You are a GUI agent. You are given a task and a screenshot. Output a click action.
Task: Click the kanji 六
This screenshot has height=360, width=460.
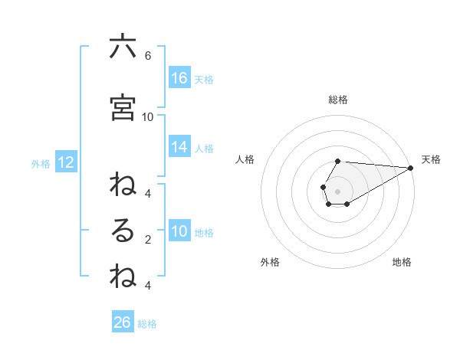pyautogui.click(x=123, y=47)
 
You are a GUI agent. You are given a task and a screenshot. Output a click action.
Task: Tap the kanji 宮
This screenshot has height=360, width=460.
pyautogui.click(x=123, y=108)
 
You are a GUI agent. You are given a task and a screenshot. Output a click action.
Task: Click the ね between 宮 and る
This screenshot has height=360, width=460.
pyautogui.click(x=123, y=185)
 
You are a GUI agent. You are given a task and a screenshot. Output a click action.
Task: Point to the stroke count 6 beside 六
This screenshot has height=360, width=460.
pyautogui.click(x=147, y=56)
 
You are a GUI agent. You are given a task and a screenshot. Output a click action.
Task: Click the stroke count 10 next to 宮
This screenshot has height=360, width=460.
pyautogui.click(x=148, y=117)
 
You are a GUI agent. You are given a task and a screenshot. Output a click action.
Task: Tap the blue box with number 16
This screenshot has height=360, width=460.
pyautogui.click(x=179, y=78)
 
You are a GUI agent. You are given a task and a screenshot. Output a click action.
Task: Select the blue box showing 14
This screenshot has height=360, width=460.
pyautogui.click(x=179, y=147)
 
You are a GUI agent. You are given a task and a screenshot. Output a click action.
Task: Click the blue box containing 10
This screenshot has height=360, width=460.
pyautogui.click(x=179, y=231)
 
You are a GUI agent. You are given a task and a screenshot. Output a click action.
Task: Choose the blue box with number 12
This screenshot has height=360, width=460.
pyautogui.click(x=65, y=162)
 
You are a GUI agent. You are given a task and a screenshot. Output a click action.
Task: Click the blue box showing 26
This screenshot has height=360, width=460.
pyautogui.click(x=122, y=322)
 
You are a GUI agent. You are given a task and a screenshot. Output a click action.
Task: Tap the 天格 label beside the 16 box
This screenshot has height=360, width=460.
pyautogui.click(x=203, y=79)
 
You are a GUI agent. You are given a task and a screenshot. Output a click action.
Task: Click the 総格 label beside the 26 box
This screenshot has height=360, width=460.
pyautogui.click(x=147, y=324)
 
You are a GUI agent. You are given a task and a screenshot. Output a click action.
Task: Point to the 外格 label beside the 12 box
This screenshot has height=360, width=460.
pyautogui.click(x=40, y=163)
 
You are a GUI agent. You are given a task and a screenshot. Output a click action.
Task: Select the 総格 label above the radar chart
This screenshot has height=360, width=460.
pyautogui.click(x=337, y=100)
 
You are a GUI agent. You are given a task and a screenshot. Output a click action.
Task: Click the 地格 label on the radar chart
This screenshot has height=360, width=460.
pyautogui.click(x=402, y=262)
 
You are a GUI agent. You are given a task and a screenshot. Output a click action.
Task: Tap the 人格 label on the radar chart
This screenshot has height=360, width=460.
pyautogui.click(x=245, y=159)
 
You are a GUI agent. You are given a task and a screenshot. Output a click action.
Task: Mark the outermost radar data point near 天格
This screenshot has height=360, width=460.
pyautogui.click(x=411, y=168)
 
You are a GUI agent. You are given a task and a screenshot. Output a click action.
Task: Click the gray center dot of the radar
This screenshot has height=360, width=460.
pyautogui.click(x=338, y=191)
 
